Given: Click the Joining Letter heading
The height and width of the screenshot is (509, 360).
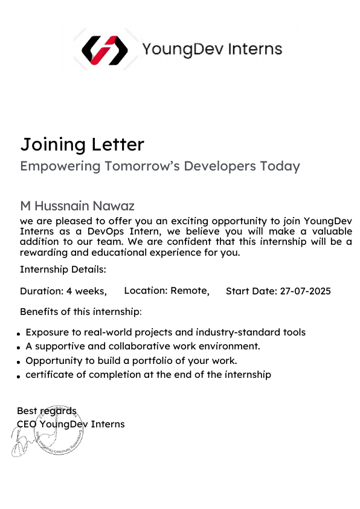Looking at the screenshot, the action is pos(82,144).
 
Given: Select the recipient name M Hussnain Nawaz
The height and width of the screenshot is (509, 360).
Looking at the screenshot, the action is pos(77,206).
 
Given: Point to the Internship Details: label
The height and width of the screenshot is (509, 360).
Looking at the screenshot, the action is pos(63,269).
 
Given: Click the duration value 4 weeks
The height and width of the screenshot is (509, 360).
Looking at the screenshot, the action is pos(86,291).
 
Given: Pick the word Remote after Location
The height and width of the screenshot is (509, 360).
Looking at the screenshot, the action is pos(189,291).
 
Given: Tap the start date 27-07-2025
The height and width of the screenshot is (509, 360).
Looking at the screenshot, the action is pos(305,291).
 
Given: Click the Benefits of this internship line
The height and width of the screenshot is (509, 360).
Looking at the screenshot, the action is pos(81,312).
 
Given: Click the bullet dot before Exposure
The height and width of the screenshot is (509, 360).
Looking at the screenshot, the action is pos(20,334).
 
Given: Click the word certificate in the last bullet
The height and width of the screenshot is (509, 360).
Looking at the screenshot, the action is pos(51,375).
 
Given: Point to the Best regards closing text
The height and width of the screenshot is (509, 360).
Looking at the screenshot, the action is pos(47,412).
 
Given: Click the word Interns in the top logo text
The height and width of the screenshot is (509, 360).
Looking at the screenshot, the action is pos(257,49).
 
